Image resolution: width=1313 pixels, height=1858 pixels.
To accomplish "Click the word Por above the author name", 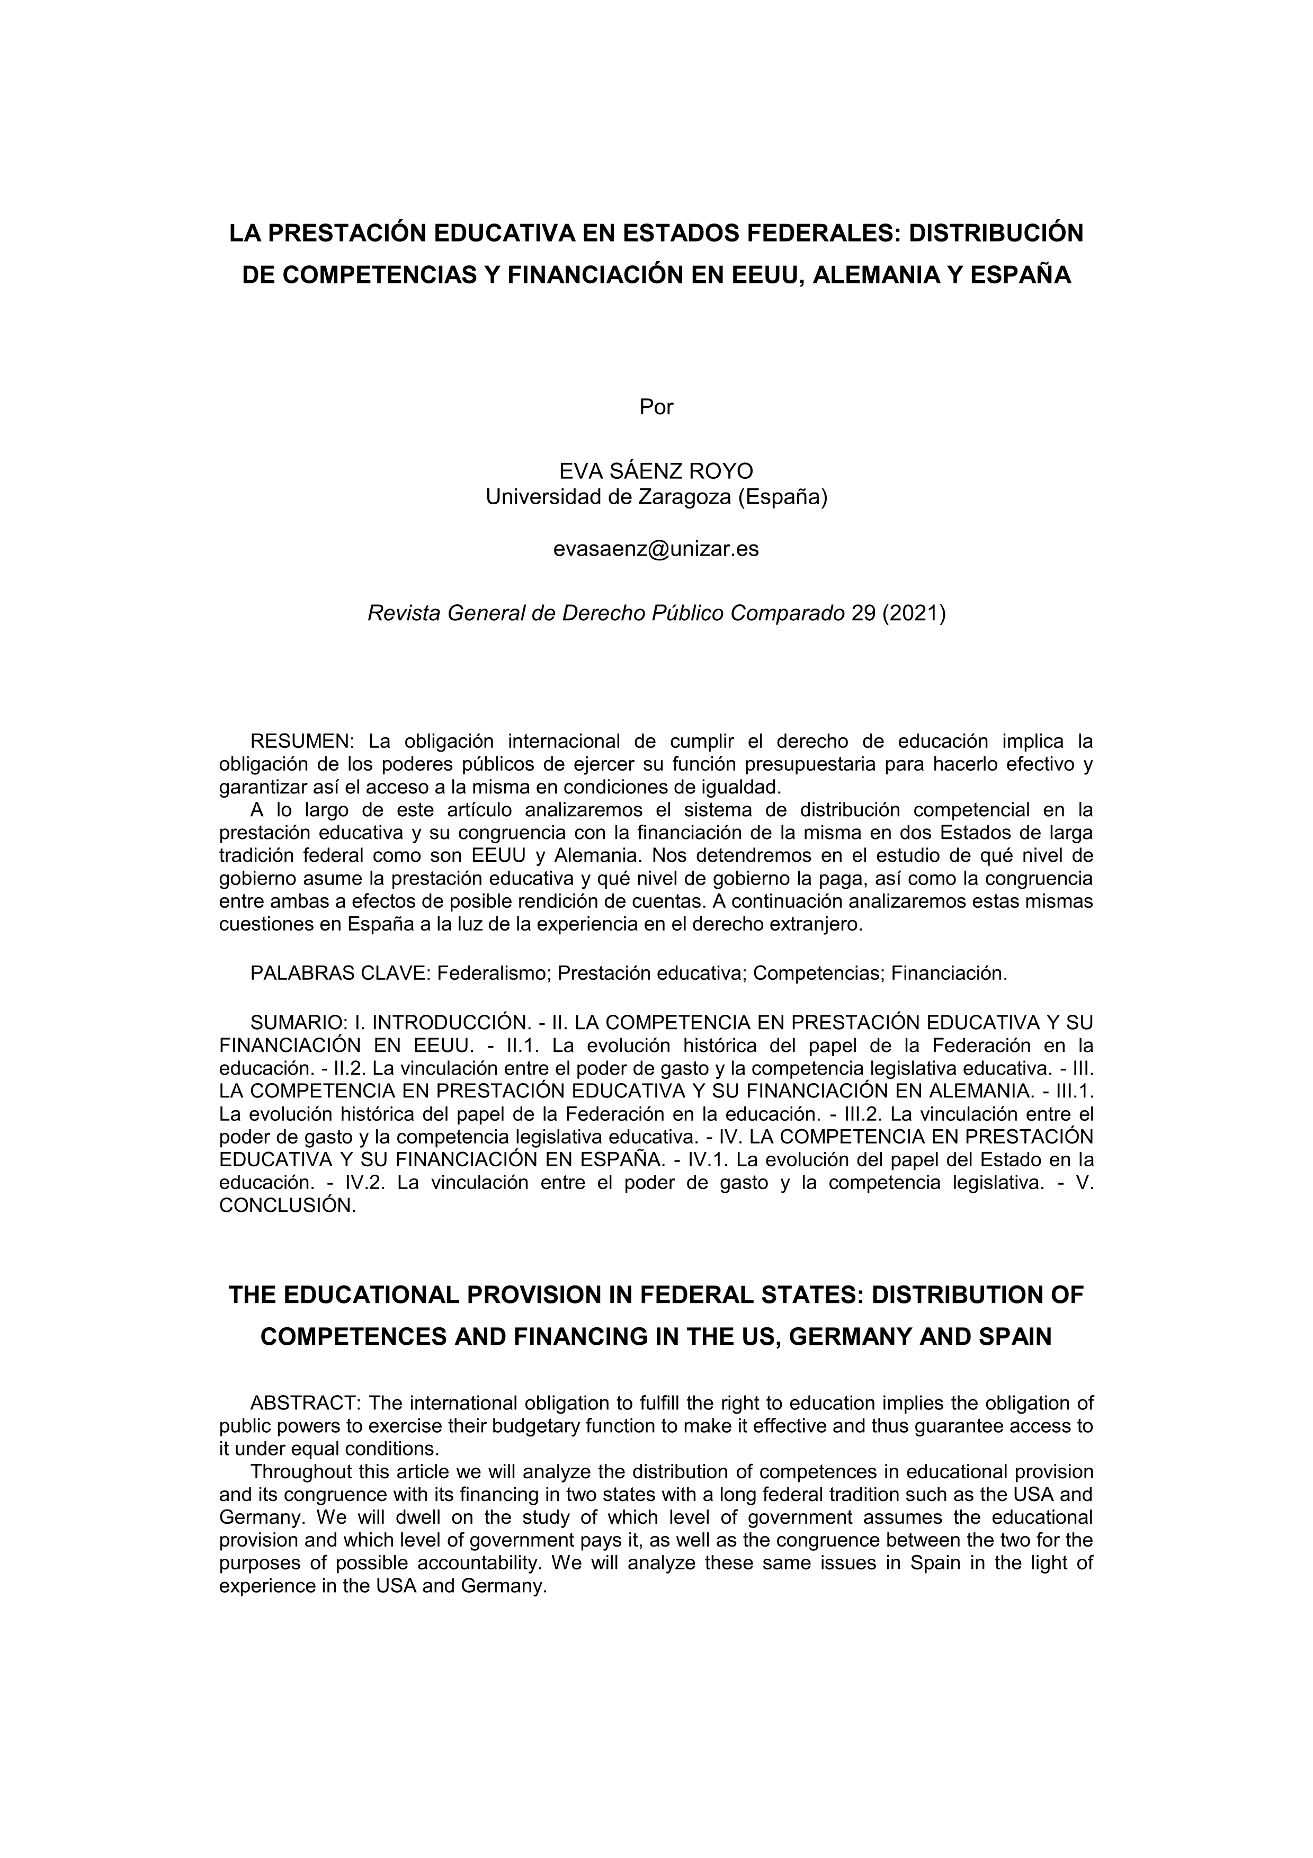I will [656, 407].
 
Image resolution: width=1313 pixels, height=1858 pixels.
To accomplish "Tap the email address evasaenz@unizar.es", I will [656, 549].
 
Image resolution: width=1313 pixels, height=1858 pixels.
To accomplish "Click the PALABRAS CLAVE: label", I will [340, 973].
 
